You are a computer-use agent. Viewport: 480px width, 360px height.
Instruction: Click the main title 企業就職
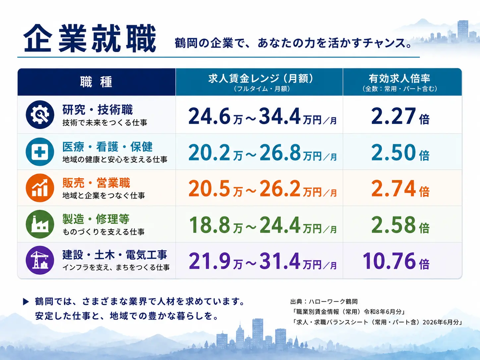point(90,38)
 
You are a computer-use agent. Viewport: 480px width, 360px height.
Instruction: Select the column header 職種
point(96,82)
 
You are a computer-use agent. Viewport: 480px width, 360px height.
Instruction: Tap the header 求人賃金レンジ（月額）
point(261,79)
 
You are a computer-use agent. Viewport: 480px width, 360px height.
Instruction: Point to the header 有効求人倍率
point(399,79)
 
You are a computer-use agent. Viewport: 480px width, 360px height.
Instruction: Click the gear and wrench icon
point(40,115)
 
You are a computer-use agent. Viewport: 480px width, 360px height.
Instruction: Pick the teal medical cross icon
point(40,152)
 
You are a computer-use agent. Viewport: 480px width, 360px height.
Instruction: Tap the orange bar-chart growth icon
point(40,188)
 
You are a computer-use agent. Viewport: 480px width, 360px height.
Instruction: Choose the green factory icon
point(40,224)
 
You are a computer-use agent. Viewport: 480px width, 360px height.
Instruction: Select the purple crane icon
point(40,260)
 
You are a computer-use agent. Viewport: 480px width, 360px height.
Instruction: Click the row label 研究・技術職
point(97,110)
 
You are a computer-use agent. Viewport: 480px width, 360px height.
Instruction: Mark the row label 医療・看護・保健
point(107,147)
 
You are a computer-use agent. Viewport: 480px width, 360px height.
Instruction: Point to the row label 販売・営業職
point(96,183)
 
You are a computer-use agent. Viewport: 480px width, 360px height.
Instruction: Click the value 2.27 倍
point(400,116)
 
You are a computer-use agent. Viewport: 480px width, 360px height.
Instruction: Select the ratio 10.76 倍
point(396,261)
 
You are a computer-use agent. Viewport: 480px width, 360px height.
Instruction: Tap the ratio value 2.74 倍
point(400,188)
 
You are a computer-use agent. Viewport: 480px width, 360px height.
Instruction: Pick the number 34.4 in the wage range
point(280,116)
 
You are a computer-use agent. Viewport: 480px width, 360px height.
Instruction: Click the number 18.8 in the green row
point(209,225)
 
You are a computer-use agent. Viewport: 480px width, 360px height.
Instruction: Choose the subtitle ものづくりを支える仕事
point(103,232)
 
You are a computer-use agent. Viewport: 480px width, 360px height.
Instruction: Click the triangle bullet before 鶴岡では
point(26,302)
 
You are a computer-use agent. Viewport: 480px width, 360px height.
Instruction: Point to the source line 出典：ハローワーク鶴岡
point(324,302)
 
